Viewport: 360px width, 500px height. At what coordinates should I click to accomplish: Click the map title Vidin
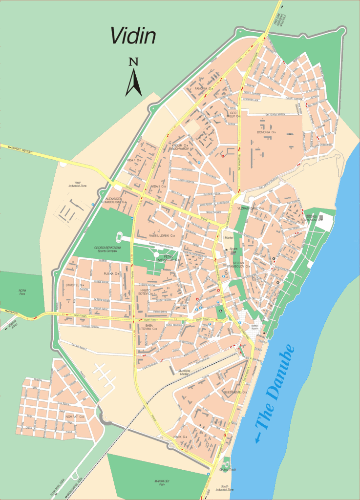pos(133,35)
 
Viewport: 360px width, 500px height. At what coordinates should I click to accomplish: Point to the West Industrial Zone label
pos(77,184)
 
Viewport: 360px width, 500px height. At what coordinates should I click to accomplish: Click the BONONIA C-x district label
pos(267,132)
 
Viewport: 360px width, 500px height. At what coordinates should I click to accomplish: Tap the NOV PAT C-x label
pos(75,417)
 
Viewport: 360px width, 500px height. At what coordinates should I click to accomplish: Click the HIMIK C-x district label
pos(181,437)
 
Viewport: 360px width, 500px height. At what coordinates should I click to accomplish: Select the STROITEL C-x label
pos(75,285)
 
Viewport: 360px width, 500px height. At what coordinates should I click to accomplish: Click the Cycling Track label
pos(228,469)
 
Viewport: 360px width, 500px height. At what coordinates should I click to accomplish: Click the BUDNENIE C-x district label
pos(236,392)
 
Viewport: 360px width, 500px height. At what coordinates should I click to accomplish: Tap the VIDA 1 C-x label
pos(134,160)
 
